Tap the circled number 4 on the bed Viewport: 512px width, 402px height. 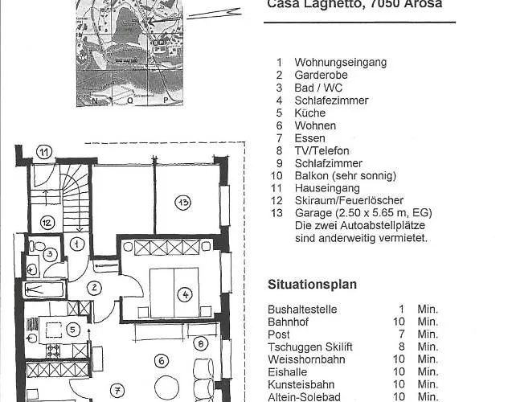click(186, 294)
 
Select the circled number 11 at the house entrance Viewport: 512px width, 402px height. click(44, 151)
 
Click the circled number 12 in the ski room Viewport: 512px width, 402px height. click(47, 222)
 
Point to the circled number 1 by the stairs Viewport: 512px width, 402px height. click(77, 242)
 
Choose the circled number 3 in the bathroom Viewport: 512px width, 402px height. click(49, 254)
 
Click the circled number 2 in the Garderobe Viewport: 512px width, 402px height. click(94, 287)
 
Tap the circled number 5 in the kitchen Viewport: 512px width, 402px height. click(72, 328)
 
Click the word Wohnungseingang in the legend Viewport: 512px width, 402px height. click(340, 62)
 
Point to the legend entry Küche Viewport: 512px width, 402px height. click(309, 113)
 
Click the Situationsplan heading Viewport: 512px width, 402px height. click(312, 285)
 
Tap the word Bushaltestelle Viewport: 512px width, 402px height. click(302, 309)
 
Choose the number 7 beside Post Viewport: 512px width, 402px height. click(401, 334)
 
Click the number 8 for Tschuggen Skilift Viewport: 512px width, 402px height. click(401, 347)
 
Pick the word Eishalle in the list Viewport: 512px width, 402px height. click(286, 371)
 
